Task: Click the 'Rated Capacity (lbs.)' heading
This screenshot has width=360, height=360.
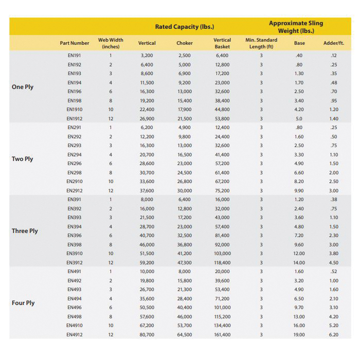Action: tap(185, 27)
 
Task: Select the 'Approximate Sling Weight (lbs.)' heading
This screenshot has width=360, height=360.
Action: tap(296, 27)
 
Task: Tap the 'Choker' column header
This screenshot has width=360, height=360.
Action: tap(185, 43)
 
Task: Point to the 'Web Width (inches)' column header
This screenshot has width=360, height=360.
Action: tap(111, 43)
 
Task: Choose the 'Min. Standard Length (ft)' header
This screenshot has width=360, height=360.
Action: tap(261, 43)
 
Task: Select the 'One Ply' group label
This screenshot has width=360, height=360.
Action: tap(23, 87)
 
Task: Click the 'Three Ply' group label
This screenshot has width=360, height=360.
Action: tap(25, 231)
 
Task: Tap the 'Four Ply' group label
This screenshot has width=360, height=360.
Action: tap(23, 303)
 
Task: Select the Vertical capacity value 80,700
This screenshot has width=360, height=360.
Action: tap(147, 334)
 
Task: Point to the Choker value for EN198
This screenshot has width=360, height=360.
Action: tap(185, 100)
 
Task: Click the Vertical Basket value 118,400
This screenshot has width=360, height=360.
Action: tap(222, 262)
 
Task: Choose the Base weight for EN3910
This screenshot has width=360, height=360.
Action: tap(299, 254)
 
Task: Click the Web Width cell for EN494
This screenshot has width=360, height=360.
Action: tap(111, 298)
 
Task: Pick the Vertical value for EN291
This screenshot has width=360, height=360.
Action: tap(147, 127)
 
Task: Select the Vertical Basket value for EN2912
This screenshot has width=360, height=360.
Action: tap(222, 190)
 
